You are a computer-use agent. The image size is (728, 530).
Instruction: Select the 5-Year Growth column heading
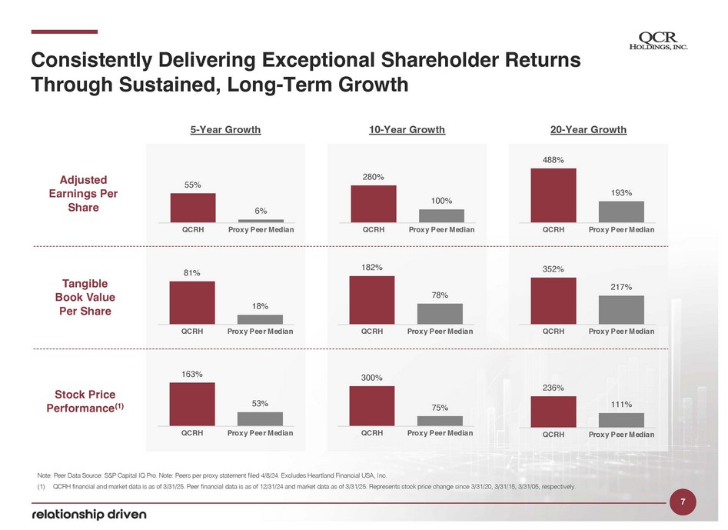pyautogui.click(x=225, y=129)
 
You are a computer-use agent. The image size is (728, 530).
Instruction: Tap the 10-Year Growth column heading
pyautogui.click(x=407, y=129)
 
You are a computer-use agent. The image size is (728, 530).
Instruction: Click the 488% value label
pyautogui.click(x=553, y=160)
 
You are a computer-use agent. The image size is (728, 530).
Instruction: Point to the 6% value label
pyautogui.click(x=260, y=212)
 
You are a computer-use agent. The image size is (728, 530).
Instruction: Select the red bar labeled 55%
pyautogui.click(x=193, y=207)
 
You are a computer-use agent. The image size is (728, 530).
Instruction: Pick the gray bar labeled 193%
pyautogui.click(x=621, y=212)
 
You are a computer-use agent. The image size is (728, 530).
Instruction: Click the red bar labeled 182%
pyautogui.click(x=372, y=300)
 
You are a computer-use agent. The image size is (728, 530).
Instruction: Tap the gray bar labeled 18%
pyautogui.click(x=260, y=319)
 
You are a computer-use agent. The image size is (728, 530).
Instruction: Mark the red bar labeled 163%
pyautogui.click(x=192, y=404)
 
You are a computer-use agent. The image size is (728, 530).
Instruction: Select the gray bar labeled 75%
pyautogui.click(x=440, y=421)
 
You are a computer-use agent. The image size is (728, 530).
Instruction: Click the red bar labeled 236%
pyautogui.click(x=553, y=412)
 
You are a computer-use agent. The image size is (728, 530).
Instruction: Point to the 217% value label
pyautogui.click(x=621, y=287)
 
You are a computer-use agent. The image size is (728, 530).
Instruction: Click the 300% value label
pyautogui.click(x=372, y=378)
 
